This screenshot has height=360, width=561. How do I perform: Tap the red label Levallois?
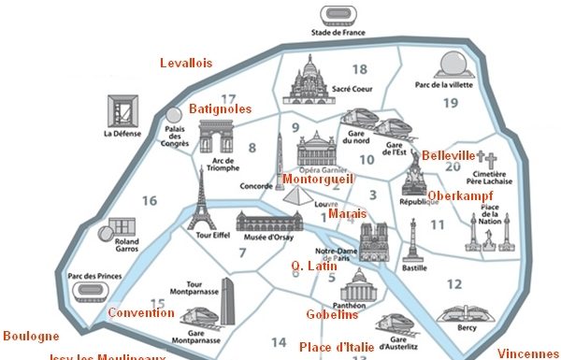185,63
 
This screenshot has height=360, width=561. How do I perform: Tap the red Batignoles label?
221,108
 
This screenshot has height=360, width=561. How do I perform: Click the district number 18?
359,69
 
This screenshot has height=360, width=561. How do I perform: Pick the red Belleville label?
449,154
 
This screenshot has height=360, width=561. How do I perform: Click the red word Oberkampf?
460,195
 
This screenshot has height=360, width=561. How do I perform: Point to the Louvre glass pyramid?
297,196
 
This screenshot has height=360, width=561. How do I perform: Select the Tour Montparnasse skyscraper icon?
228,301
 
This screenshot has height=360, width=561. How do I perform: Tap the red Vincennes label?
529,353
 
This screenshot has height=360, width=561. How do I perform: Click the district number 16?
150,199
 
